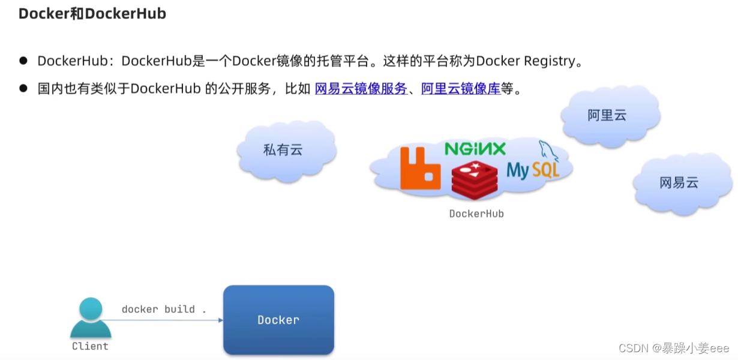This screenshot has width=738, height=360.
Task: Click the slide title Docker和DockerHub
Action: pos(92,14)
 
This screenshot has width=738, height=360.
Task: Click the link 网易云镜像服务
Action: pos(361,89)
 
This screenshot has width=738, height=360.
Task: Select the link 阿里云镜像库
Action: pos(460,89)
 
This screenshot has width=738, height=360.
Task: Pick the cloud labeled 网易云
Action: pos(679,183)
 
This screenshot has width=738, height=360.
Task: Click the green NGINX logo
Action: pos(475,149)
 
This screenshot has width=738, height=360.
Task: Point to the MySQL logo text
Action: pos(532,170)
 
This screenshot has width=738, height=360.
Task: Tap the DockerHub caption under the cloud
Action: pos(476,214)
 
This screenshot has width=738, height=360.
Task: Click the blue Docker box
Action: pos(278,320)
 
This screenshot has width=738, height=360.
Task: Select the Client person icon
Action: pos(91,319)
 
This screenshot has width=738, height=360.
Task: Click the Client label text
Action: pos(90,346)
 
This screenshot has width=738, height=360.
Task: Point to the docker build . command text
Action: pos(164,310)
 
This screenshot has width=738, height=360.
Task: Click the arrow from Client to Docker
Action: pos(168,320)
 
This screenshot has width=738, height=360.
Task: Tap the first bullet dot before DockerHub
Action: pos(23,61)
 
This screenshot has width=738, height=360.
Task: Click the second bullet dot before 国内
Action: pos(23,89)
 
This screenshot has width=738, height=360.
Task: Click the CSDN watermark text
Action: pos(673,349)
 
